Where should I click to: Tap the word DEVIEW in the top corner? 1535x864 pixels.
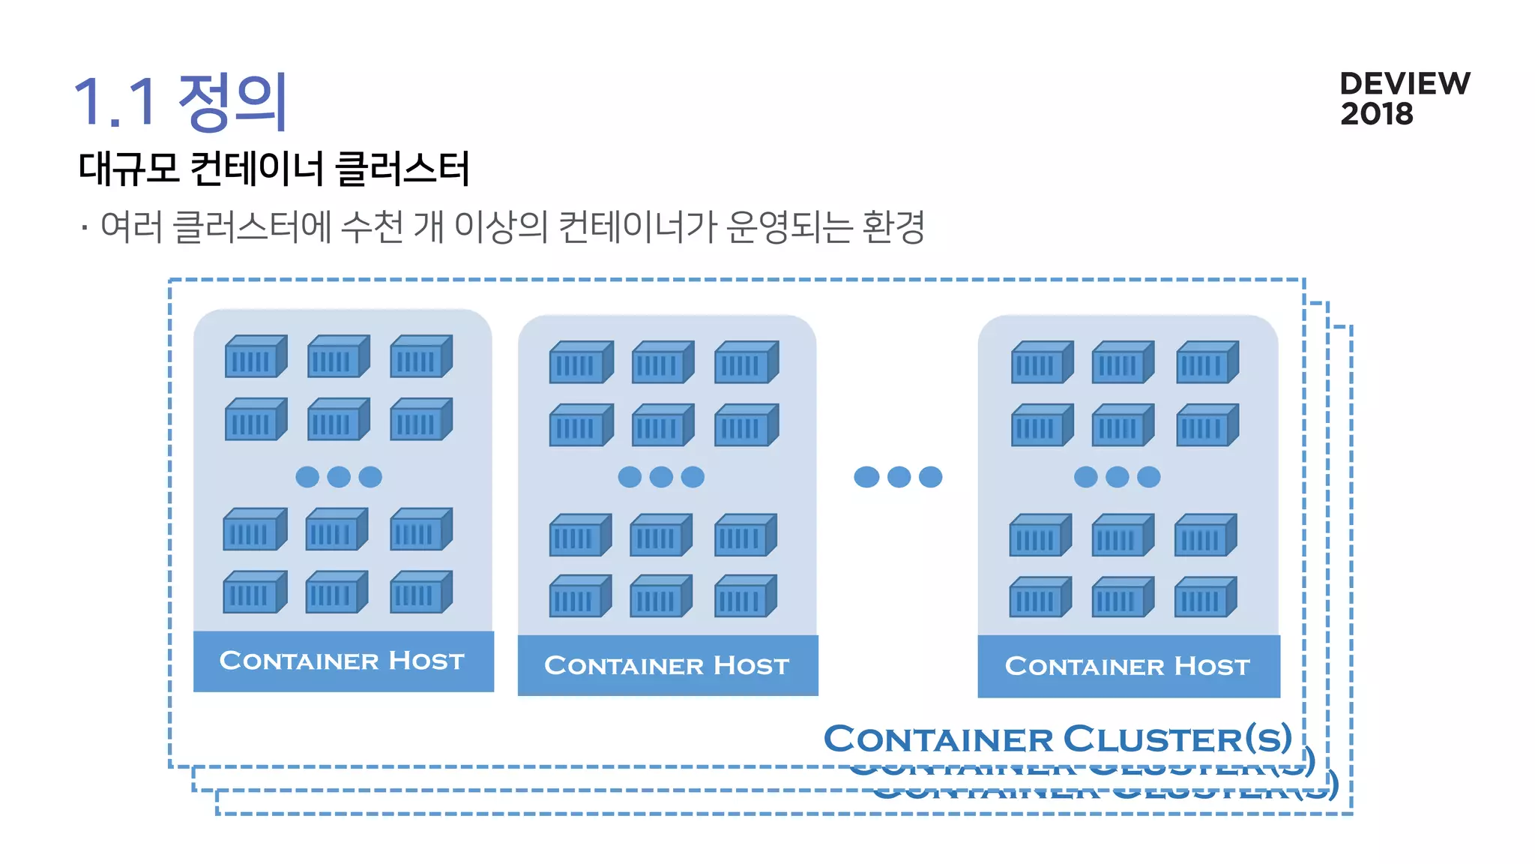[1405, 83]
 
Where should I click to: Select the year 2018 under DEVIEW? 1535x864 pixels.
[1376, 114]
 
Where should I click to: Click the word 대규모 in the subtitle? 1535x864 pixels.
[128, 168]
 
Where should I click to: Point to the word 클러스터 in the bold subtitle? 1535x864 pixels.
[402, 168]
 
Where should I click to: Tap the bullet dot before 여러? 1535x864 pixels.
[85, 227]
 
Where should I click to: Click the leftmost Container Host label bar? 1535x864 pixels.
[343, 661]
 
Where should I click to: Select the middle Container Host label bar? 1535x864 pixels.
[667, 665]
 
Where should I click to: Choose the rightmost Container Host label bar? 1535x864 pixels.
[1128, 666]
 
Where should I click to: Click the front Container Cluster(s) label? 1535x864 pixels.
[1058, 739]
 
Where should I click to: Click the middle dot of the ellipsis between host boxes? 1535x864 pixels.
[898, 477]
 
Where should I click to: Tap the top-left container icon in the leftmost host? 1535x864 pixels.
[256, 356]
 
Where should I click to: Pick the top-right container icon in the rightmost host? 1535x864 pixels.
[1207, 362]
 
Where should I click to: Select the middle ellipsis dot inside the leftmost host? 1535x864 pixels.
[339, 477]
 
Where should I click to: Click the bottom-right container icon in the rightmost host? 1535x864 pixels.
[1204, 597]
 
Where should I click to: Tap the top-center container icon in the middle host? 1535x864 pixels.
[663, 362]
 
